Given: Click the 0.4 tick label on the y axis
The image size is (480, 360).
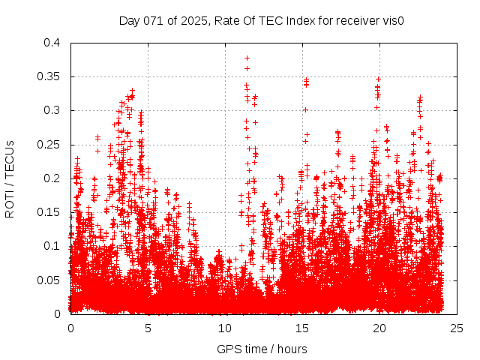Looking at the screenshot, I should (53, 43).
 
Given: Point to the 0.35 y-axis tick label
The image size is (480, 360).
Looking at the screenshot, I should (50, 76).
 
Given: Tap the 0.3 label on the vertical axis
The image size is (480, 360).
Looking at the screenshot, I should (53, 110).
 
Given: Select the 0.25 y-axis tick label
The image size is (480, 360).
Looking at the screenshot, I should (50, 145).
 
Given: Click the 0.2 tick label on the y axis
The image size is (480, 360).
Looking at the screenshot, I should (53, 178).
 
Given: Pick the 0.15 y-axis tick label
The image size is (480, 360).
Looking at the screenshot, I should (50, 212).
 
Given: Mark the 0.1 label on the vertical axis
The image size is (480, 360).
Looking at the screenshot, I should (53, 246).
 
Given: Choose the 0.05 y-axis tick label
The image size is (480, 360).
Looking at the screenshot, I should (50, 280).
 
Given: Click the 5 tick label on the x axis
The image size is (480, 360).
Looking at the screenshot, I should (148, 328).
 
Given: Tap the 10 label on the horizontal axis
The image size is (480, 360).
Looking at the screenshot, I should (225, 328).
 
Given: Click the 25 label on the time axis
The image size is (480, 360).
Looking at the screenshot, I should (457, 328).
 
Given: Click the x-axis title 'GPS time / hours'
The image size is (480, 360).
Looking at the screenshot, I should (262, 349).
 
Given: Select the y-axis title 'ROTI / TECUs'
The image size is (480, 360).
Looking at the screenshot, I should (10, 178).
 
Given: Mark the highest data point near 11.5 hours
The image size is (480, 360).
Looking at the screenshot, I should (247, 58).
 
